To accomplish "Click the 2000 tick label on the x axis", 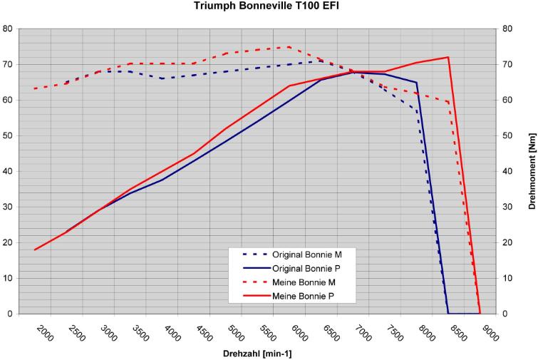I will (x=44, y=333).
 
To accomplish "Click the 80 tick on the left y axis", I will (x=8, y=29).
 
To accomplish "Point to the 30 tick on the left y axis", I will (x=8, y=207).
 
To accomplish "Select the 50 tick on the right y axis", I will (x=507, y=135).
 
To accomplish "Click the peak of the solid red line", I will (x=448, y=57).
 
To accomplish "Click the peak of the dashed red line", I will (x=289, y=47).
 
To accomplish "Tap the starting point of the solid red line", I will (x=35, y=250).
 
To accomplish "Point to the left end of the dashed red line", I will (x=35, y=88).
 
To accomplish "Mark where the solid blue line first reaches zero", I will (x=448, y=314).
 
